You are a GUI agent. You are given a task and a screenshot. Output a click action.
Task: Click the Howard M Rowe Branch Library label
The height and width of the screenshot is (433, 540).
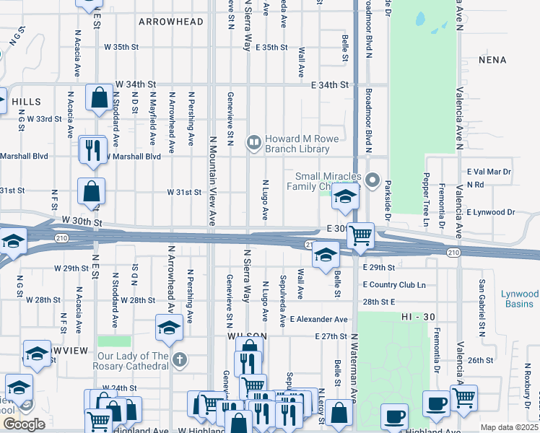click(297, 144)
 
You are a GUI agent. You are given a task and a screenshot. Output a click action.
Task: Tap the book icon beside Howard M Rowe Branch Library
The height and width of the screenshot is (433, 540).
click(253, 142)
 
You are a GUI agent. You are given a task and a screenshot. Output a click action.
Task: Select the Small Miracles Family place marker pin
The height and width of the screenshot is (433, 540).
click(373, 179)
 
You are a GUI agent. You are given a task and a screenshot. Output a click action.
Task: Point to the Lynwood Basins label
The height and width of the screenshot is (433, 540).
click(521, 299)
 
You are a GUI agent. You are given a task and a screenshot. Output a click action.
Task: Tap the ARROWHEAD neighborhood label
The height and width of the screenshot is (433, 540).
click(171, 22)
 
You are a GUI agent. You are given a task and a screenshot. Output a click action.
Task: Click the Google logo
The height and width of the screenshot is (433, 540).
click(24, 424)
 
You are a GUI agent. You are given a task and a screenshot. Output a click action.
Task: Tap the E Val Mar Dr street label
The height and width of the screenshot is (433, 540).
click(489, 172)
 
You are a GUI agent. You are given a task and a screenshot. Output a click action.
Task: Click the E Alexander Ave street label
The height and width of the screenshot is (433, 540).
click(318, 319)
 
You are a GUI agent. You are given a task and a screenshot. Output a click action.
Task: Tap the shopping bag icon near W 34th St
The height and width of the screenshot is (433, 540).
click(97, 97)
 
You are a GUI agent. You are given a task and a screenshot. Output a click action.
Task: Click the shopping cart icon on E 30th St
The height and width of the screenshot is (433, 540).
click(360, 235)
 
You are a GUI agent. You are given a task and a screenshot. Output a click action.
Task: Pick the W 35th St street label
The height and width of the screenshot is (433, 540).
click(121, 47)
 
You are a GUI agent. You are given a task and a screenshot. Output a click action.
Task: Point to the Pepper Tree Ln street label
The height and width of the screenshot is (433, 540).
click(426, 195)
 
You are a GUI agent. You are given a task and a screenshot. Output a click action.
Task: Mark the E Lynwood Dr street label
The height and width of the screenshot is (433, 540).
click(490, 212)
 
